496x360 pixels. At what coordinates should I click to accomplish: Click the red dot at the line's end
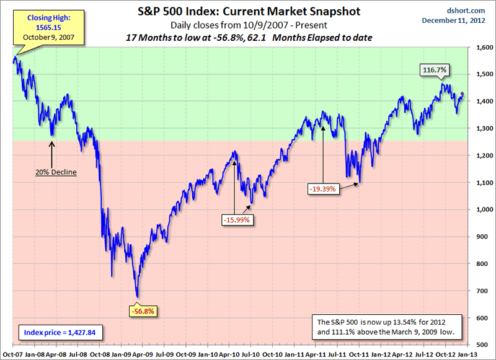click(x=462, y=94)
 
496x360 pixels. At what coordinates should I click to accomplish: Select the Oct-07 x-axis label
click(x=12, y=353)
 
